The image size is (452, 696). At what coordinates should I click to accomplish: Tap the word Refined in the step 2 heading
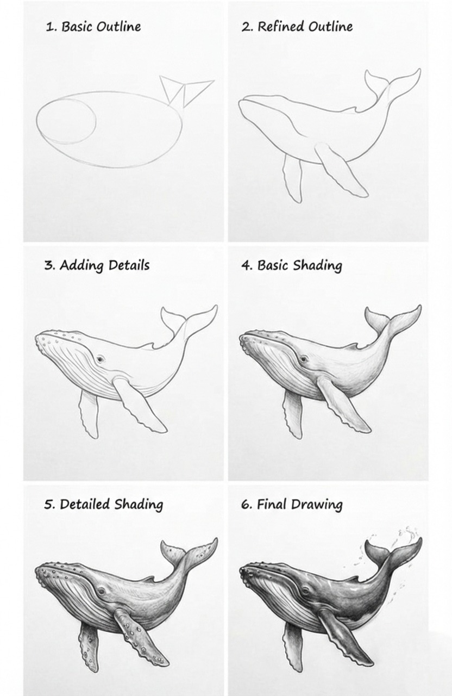(281, 27)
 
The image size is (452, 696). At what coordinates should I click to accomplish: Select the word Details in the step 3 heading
(129, 265)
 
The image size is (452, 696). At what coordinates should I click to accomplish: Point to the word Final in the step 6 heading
(272, 504)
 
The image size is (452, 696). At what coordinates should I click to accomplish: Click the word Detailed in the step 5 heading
(85, 504)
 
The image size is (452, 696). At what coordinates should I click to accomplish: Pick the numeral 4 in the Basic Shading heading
(246, 266)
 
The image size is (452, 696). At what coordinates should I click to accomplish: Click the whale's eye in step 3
(101, 359)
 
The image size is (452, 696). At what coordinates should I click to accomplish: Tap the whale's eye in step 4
(304, 359)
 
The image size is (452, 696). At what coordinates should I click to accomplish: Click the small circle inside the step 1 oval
(66, 121)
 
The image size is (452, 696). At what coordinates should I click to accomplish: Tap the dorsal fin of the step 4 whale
(353, 345)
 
